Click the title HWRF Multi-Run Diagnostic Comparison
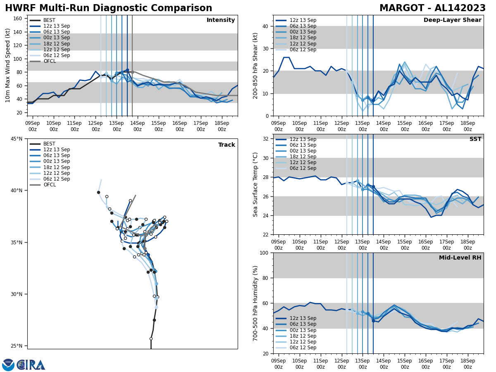coord(108,8)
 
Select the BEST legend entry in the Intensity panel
coord(49,20)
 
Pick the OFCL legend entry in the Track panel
coord(49,185)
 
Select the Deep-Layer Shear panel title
coord(452,20)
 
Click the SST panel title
coord(475,139)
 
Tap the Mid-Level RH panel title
coord(460,258)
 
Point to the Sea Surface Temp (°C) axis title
coord(256,184)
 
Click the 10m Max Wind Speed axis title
coord(7,65)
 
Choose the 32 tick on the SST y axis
coord(266,139)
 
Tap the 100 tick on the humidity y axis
coord(264,253)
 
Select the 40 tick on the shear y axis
coord(266,26)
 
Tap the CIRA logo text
coord(31,365)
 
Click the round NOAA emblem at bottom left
coord(8,365)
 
